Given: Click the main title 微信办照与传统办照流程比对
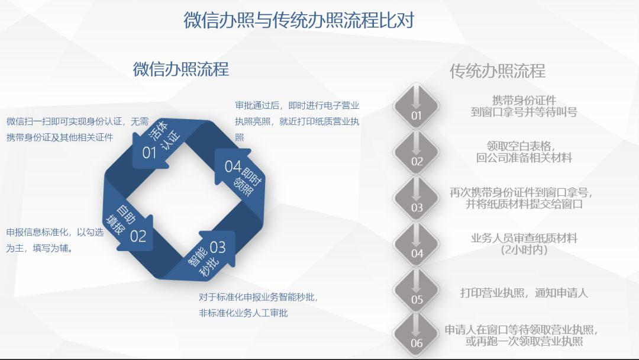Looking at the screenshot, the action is point(299,20).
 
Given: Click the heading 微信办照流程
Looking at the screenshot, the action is point(181,69).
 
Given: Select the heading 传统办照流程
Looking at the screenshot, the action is point(498,71).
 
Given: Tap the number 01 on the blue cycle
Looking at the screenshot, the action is point(149,153).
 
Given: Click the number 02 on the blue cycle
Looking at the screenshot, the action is point(138,236).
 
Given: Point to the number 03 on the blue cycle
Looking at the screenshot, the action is point(218,247).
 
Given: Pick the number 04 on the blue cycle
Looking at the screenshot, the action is point(233,166).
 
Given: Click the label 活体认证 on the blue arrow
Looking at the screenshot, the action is point(165,135).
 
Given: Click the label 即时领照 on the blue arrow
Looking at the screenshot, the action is point(247,182).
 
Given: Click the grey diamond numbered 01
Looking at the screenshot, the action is point(416,106).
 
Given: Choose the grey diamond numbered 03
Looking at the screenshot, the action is point(416,198).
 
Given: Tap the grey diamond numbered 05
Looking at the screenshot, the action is point(416,290).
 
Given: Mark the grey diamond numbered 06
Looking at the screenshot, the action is point(416,335).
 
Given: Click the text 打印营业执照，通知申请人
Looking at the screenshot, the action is point(524,292).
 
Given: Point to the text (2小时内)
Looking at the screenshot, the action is point(524,249).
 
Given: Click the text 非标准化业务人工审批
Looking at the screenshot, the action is point(243,313).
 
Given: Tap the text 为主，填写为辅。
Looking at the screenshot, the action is point(40,248).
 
